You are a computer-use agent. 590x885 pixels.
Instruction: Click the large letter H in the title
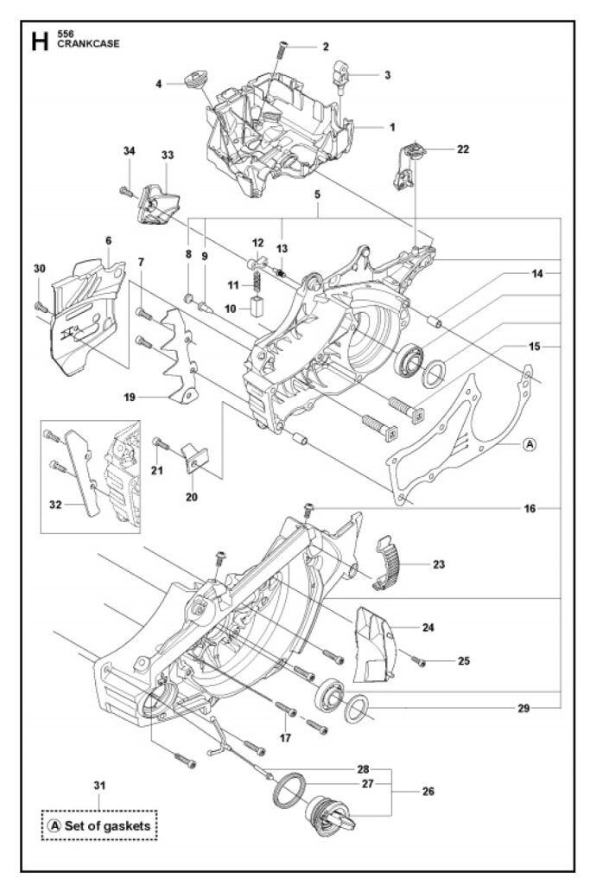point(40,41)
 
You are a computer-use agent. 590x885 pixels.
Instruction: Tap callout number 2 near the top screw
point(326,46)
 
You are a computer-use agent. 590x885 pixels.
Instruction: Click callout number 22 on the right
point(463,149)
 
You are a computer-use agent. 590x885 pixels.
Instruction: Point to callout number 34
point(129,151)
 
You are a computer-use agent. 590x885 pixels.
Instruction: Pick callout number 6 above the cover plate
point(109,241)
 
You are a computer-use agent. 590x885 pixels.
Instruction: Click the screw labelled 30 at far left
point(39,305)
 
